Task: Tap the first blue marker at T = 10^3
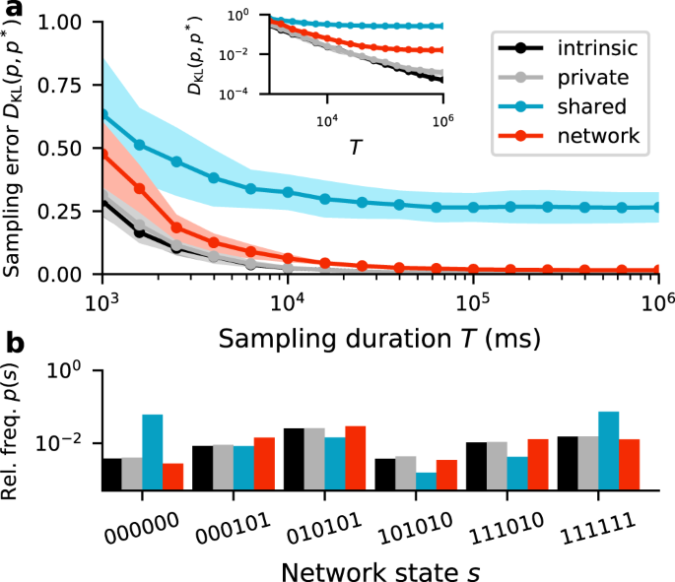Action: coord(102,115)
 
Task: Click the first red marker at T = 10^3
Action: coord(102,154)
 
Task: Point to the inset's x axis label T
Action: coord(356,147)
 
